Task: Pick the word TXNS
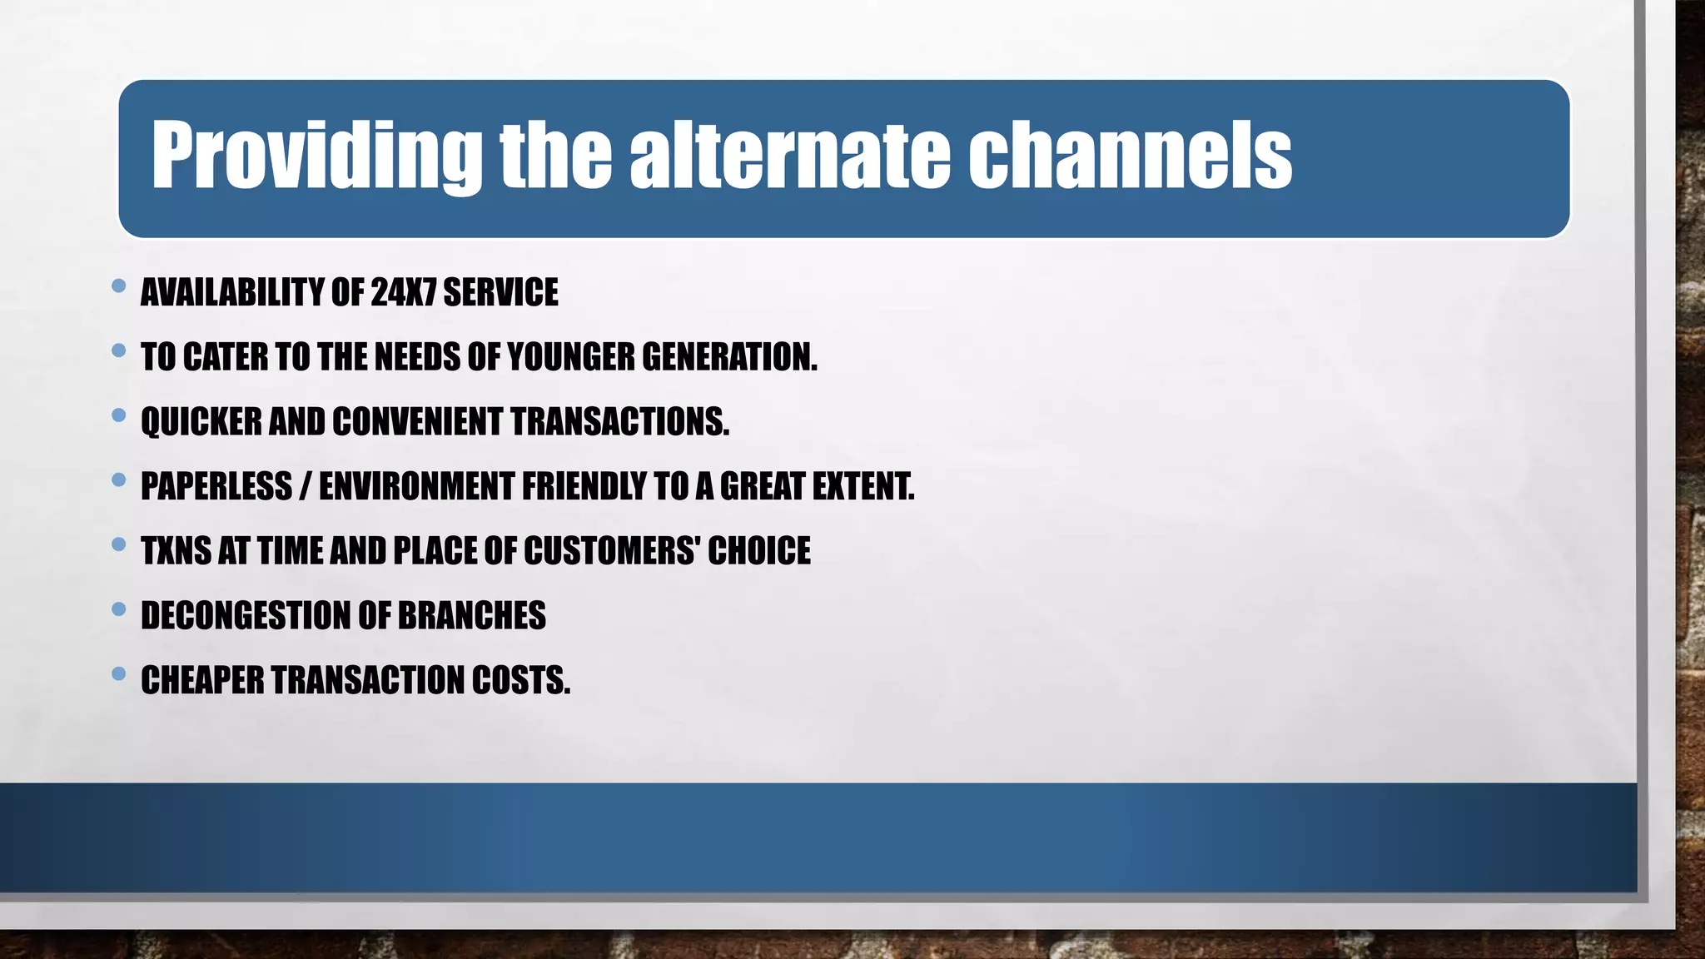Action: [x=176, y=551]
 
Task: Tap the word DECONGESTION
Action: [x=246, y=616]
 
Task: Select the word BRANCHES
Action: [x=471, y=616]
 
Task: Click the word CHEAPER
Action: [x=202, y=680]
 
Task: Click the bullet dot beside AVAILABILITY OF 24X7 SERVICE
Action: [x=118, y=286]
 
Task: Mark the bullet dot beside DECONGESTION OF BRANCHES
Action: [x=118, y=609]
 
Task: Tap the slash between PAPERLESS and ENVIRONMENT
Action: [x=305, y=486]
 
